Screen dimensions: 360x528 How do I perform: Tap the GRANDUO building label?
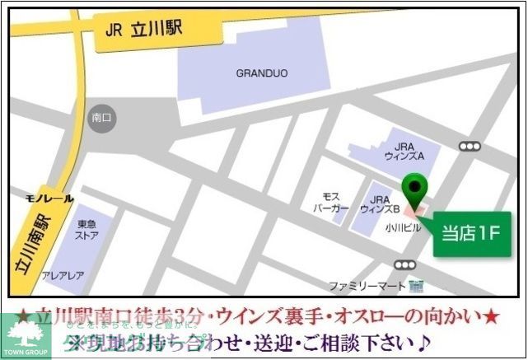pos(262,73)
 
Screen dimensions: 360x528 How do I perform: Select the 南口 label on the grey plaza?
pos(101,118)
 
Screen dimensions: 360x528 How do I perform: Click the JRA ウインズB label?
pos(380,203)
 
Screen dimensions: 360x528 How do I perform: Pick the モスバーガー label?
pos(332,203)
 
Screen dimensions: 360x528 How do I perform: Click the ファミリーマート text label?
pos(367,286)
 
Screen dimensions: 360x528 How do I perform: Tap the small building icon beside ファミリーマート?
pos(415,286)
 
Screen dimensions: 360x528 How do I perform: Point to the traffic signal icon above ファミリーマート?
pos(404,264)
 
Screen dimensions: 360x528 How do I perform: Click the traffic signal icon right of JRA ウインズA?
pos(470,146)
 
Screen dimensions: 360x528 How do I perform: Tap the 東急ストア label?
pos(88,228)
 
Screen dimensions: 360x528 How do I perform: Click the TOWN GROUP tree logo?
pos(26,335)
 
